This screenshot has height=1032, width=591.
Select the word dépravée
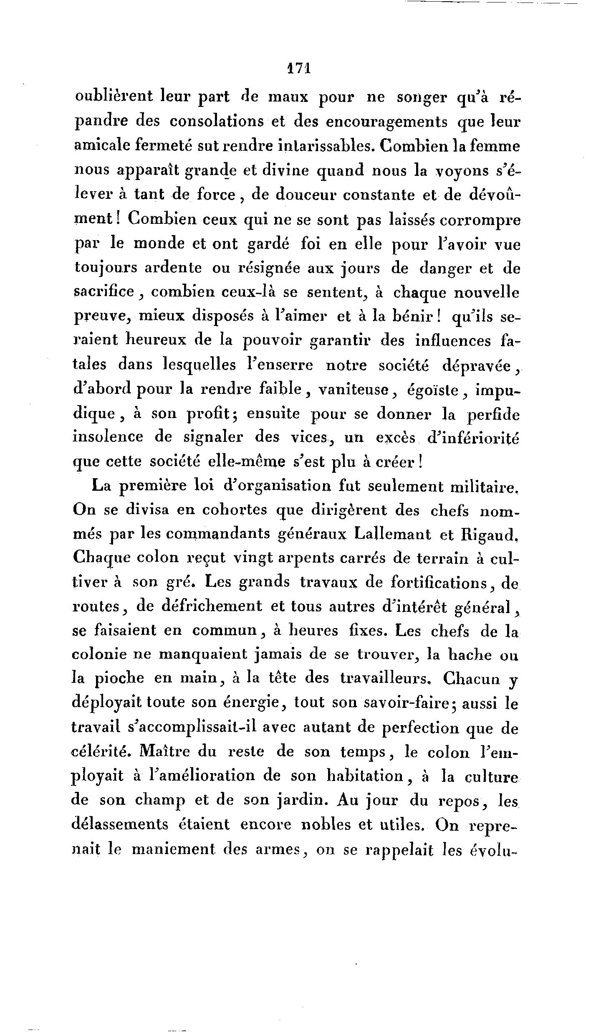[x=475, y=366]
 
